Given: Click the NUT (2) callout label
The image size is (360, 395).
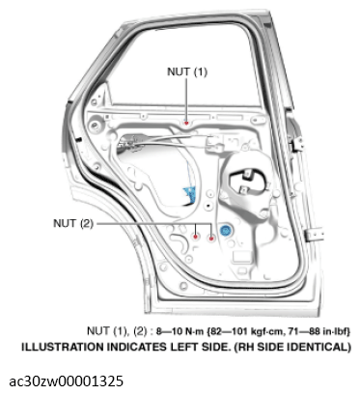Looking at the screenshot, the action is [72, 223].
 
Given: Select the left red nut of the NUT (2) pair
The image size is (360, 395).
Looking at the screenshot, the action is [196, 235].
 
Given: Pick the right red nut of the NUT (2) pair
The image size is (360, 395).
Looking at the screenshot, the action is [211, 237].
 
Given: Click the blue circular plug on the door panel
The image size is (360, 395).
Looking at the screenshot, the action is [226, 232].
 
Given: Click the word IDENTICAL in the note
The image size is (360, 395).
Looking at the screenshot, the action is [321, 345].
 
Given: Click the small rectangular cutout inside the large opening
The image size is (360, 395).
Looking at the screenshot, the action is [242, 184].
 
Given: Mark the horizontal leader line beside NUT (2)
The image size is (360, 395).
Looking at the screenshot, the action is [145, 223].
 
